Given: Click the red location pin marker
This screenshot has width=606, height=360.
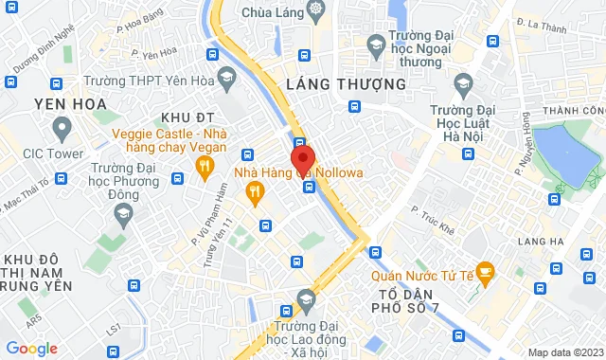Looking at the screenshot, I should pos(302,158).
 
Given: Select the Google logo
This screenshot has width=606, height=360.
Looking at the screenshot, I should pos(31,348).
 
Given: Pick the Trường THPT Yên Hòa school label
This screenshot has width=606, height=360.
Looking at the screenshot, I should pos(156,80).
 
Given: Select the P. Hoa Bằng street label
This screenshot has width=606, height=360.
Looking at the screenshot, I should pos(140,16).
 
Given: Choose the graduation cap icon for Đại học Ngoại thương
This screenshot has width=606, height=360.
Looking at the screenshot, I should pos(376,45).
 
